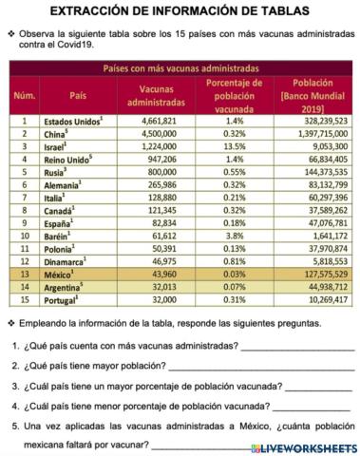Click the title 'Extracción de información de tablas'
[180, 11]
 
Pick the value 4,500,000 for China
[156, 135]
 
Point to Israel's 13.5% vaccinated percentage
[235, 148]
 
